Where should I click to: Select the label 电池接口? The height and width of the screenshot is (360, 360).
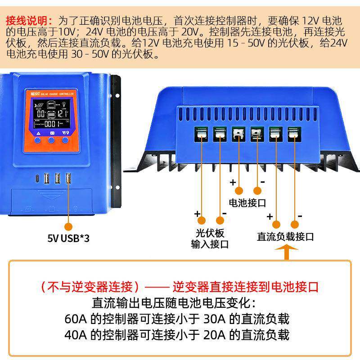tap(248, 202)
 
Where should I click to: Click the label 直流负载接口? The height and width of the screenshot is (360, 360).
tap(286, 237)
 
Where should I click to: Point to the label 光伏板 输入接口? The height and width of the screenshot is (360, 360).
tap(210, 239)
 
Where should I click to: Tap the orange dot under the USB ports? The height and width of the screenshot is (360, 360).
tap(68, 226)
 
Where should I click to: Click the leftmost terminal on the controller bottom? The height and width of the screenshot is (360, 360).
tap(201, 134)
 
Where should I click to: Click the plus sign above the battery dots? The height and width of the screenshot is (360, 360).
tap(233, 182)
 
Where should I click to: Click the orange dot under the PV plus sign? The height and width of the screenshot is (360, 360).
tap(201, 220)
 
